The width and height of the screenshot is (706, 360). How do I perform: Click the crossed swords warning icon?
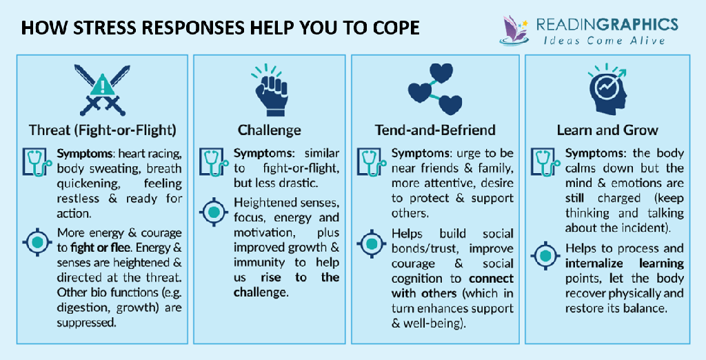[102, 90]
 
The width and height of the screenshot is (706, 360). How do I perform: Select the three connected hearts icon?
[434, 88]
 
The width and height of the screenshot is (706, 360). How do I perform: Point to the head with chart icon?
[607, 90]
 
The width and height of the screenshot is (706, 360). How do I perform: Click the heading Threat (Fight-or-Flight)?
[102, 130]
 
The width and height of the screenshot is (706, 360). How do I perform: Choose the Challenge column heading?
[270, 130]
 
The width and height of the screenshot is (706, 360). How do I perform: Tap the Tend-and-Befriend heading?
[435, 130]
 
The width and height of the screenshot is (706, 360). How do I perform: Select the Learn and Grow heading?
[607, 130]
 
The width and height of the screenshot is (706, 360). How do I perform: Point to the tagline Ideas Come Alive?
[604, 41]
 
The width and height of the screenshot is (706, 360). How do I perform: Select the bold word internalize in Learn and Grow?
[596, 263]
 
